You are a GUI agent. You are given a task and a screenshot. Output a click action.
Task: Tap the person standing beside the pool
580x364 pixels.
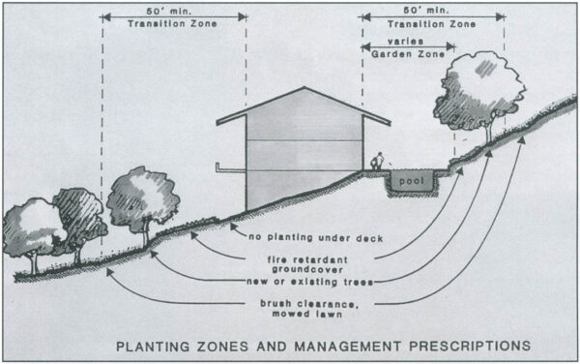coord(380,162)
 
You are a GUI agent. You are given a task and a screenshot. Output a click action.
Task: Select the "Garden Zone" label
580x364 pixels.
coord(408,54)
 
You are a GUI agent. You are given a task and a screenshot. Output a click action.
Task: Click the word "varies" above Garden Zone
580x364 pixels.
coord(407,43)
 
